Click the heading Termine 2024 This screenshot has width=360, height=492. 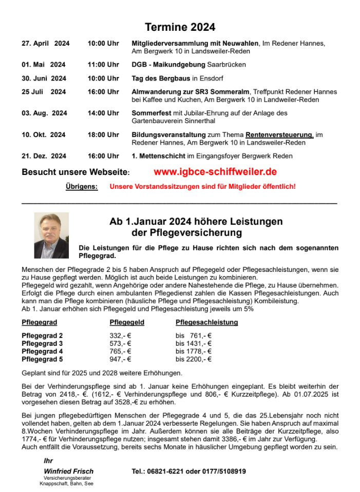pyautogui.click(x=180, y=27)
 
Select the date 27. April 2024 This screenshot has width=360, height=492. pyautogui.click(x=45, y=44)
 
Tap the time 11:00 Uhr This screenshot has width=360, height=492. pyautogui.click(x=103, y=65)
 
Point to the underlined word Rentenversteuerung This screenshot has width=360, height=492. pyautogui.click(x=279, y=134)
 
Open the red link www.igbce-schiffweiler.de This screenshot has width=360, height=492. pyautogui.click(x=215, y=171)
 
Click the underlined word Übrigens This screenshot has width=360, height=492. pyautogui.click(x=82, y=187)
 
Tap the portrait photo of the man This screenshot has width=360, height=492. pyautogui.click(x=51, y=235)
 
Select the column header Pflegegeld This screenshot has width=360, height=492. pyautogui.click(x=127, y=323)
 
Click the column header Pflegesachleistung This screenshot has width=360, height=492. pyautogui.click(x=206, y=323)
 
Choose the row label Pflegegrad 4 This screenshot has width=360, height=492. pyautogui.click(x=42, y=351)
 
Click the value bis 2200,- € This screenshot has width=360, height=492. pyautogui.click(x=194, y=359)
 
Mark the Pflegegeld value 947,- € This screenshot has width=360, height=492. pyautogui.click(x=121, y=359)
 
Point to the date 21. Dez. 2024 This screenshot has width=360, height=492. pyautogui.click(x=44, y=156)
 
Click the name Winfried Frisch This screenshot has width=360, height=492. pyautogui.click(x=69, y=471)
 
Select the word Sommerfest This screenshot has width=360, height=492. pyautogui.click(x=150, y=113)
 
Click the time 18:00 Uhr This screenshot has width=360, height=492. pyautogui.click(x=103, y=134)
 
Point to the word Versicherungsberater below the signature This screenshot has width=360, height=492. pyautogui.click(x=67, y=478)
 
